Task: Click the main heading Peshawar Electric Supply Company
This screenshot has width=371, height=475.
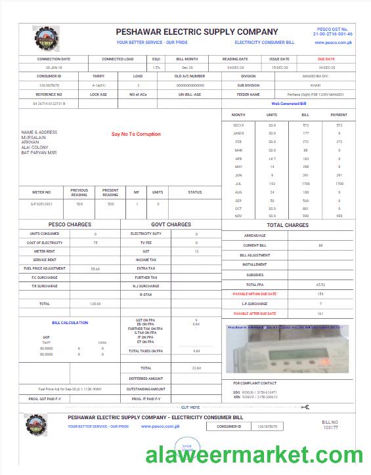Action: pyautogui.click(x=197, y=31)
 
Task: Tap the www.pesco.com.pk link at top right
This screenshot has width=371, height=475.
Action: pyautogui.click(x=334, y=42)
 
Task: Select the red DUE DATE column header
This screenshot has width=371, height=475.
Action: pyautogui.click(x=326, y=59)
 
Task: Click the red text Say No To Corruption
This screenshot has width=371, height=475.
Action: pyautogui.click(x=136, y=134)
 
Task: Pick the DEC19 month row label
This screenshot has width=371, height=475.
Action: pyautogui.click(x=238, y=125)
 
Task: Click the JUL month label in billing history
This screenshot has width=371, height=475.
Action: pyautogui.click(x=238, y=184)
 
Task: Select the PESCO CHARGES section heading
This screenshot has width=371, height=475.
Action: pyautogui.click(x=70, y=224)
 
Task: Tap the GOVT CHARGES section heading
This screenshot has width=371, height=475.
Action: pyautogui.click(x=171, y=224)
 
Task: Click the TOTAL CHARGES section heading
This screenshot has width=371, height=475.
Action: pyautogui.click(x=288, y=225)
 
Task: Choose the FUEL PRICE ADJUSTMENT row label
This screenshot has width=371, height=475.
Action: pyautogui.click(x=45, y=268)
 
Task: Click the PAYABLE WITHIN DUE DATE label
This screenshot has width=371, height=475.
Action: pyautogui.click(x=255, y=294)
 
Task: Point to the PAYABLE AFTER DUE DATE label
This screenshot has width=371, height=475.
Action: pyautogui.click(x=255, y=314)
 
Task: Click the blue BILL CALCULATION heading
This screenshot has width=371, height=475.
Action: pyautogui.click(x=70, y=323)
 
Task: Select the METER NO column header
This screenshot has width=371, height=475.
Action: pyautogui.click(x=41, y=192)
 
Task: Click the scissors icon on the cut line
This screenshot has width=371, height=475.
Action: pyautogui.click(x=305, y=407)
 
